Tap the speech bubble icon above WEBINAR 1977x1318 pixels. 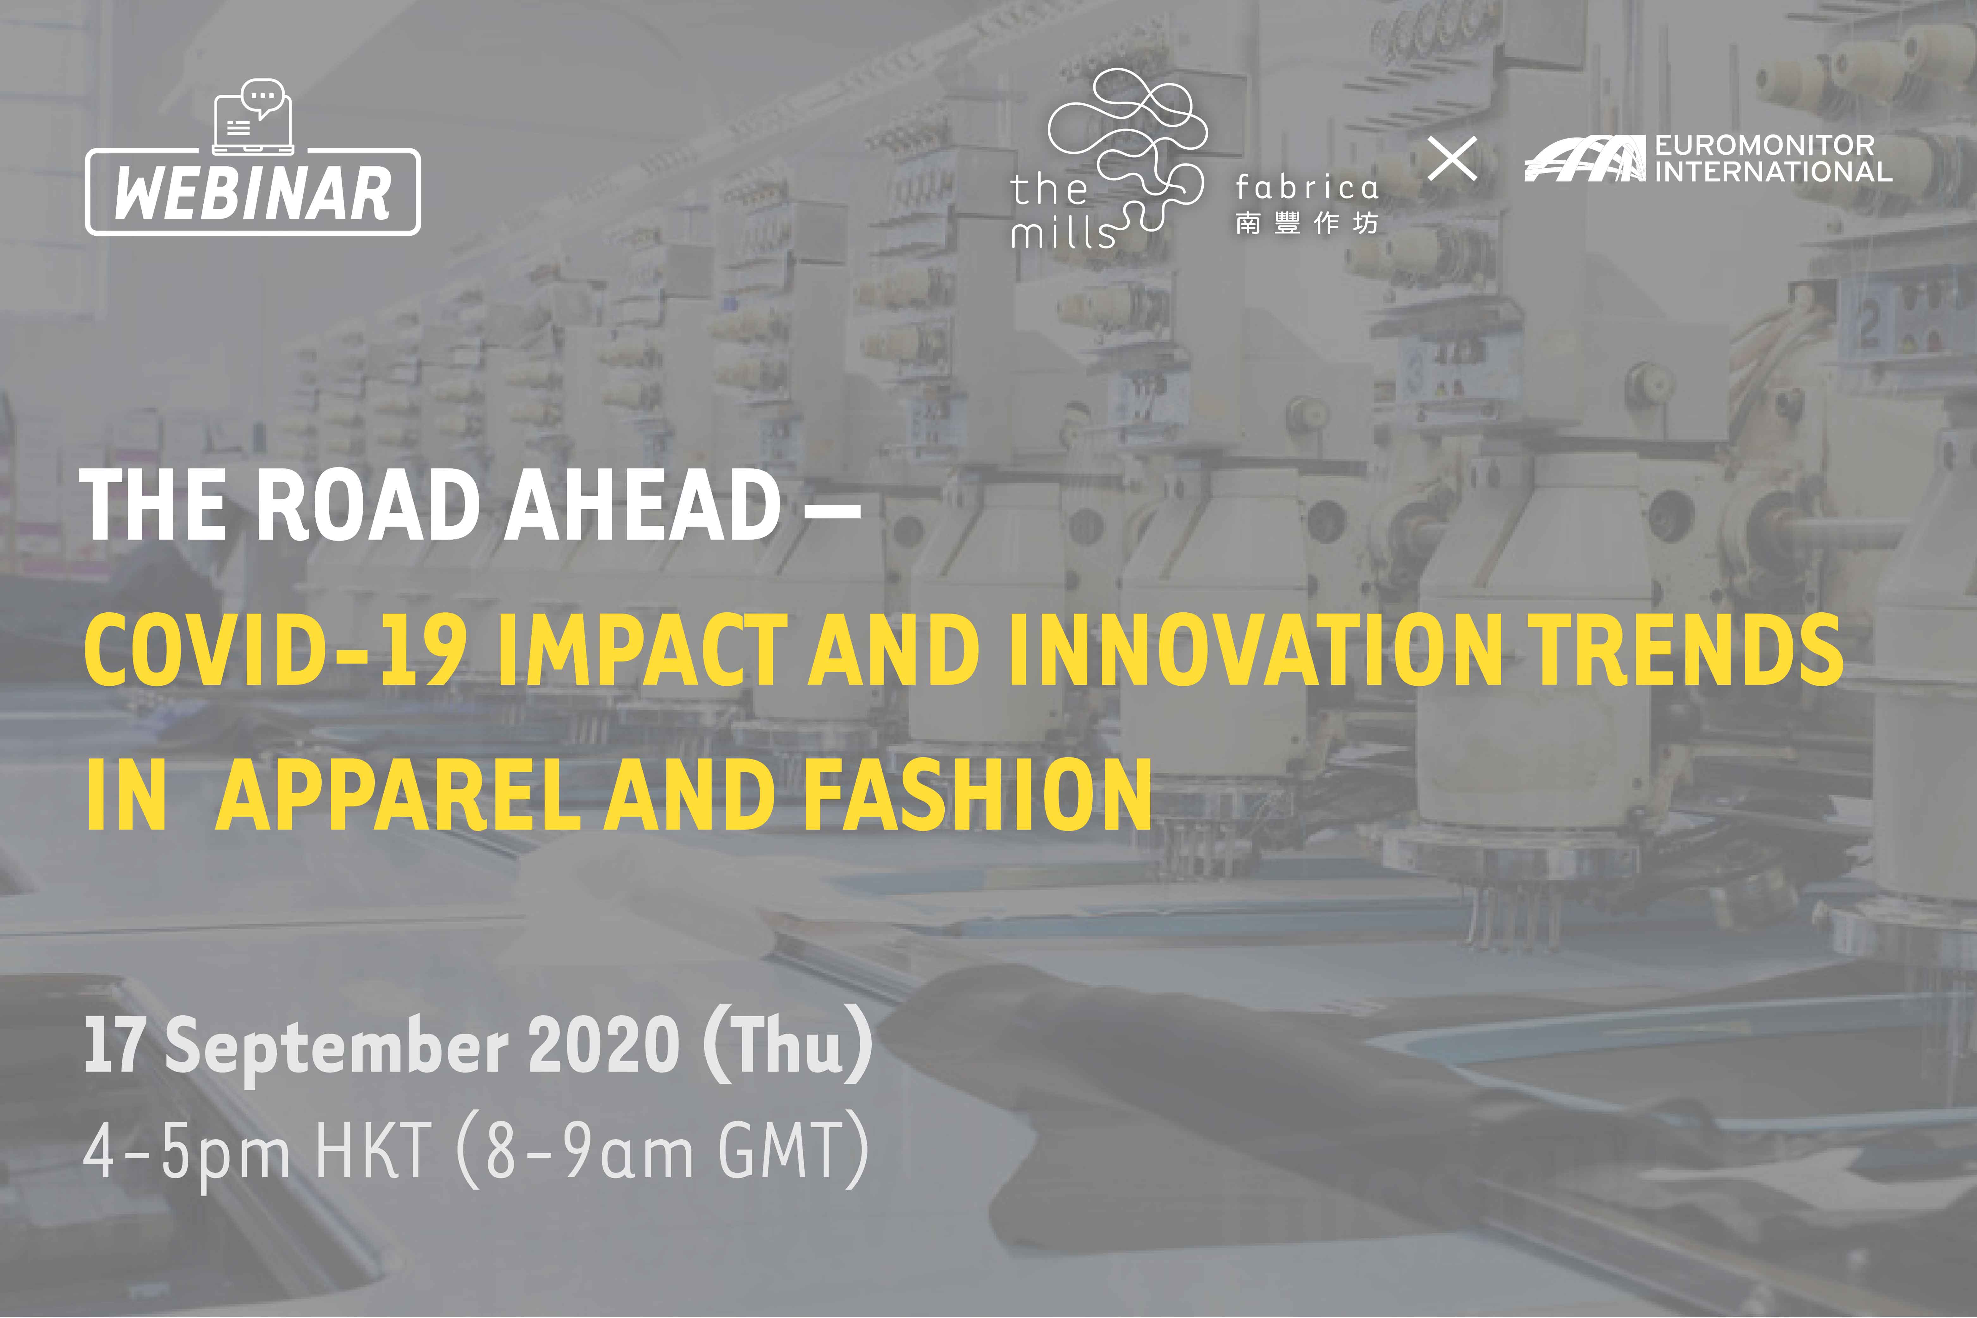pos(262,96)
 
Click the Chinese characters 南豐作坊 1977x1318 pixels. pos(1306,223)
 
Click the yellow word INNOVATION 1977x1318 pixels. pos(1256,648)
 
